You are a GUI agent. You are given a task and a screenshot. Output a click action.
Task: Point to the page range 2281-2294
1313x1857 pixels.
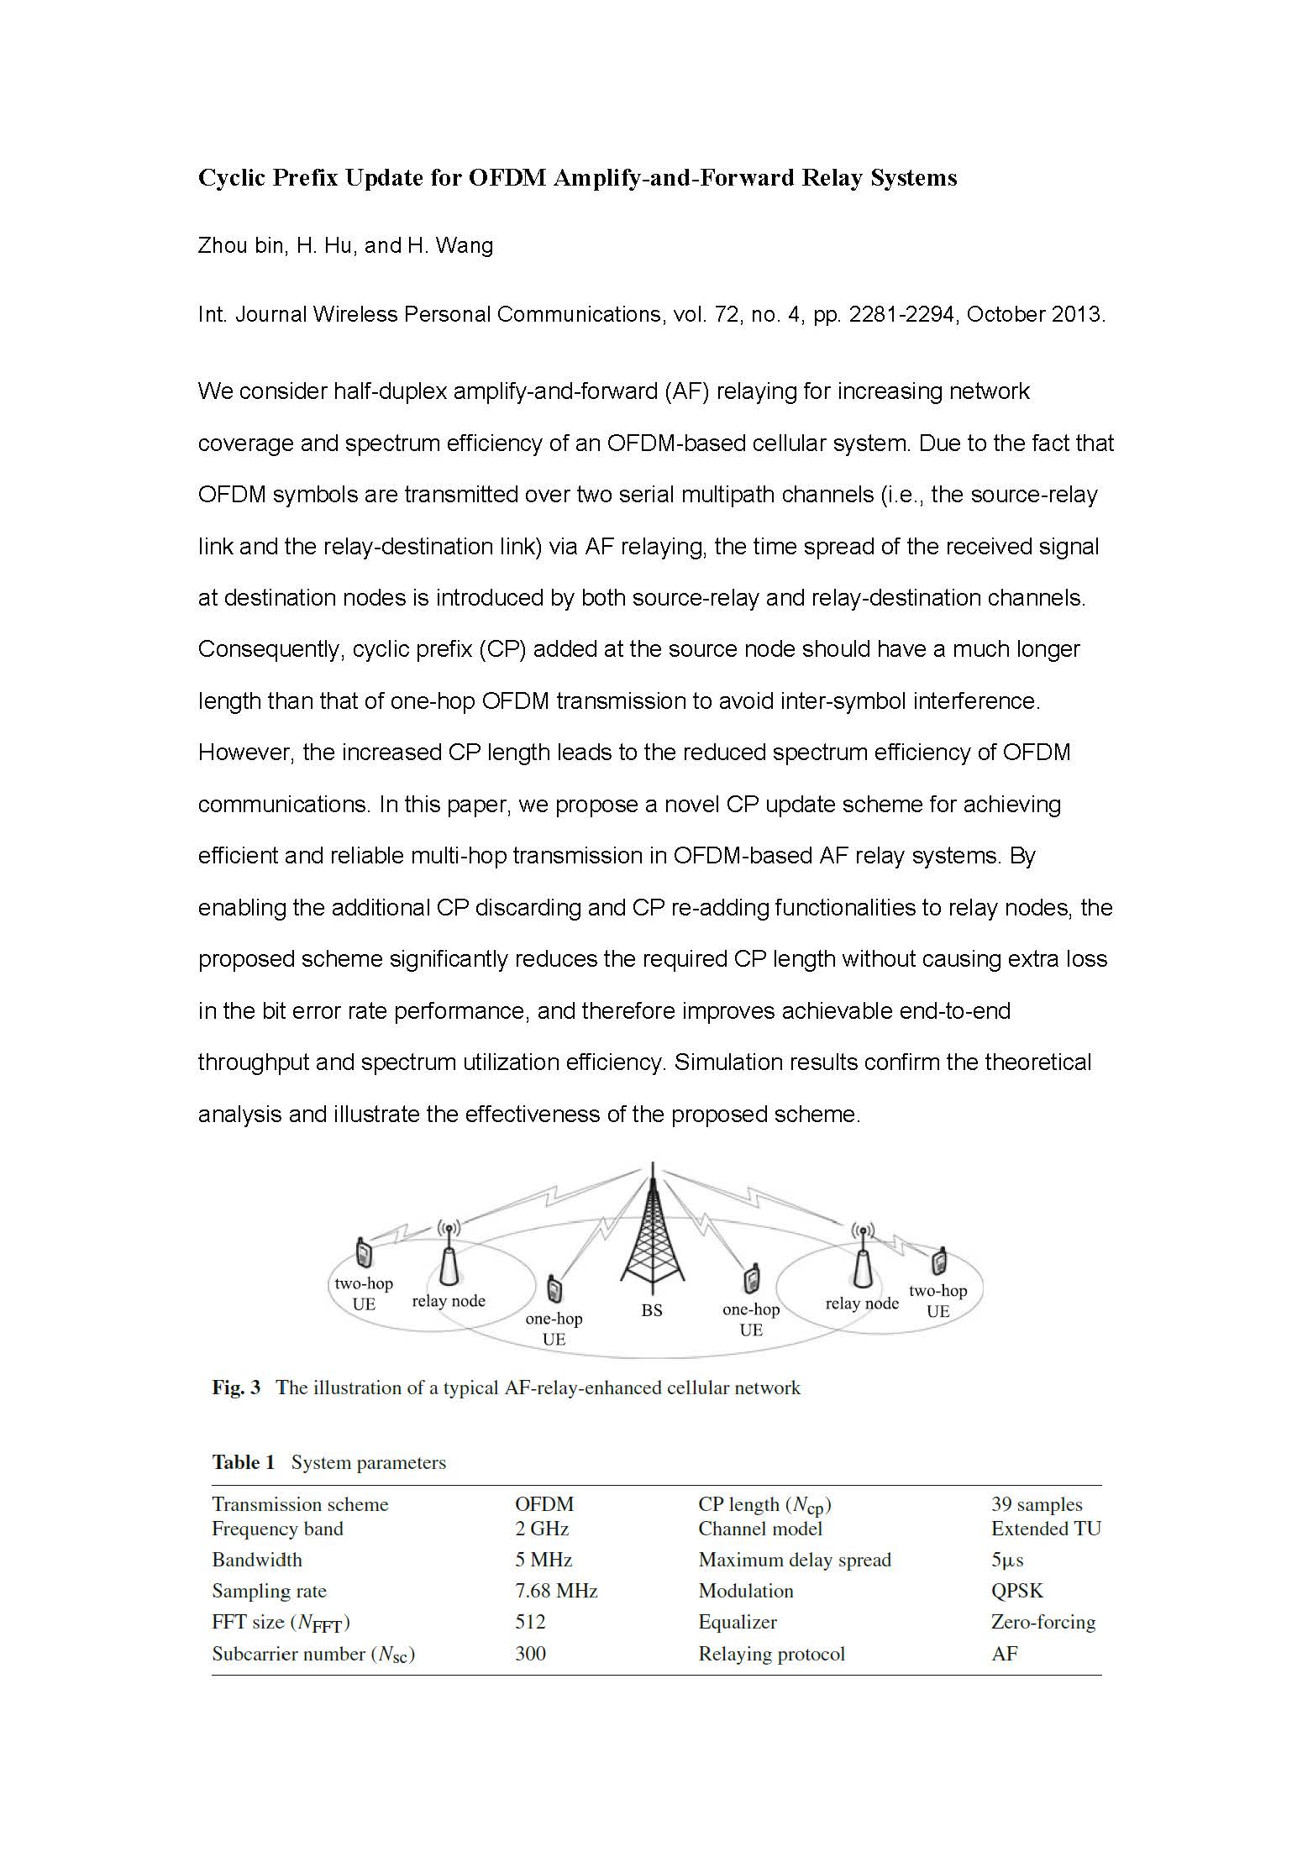[901, 315]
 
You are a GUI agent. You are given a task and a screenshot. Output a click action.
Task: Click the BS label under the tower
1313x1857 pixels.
[652, 1309]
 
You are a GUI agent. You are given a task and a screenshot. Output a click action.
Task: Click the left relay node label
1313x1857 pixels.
[449, 1301]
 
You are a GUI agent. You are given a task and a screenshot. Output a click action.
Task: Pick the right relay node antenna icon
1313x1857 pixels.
[861, 1260]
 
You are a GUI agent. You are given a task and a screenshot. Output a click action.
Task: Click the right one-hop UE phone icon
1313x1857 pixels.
[752, 1278]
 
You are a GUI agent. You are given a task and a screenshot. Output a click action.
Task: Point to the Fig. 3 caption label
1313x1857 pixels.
[236, 1388]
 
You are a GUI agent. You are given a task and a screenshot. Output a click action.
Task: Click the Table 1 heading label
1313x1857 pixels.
[243, 1462]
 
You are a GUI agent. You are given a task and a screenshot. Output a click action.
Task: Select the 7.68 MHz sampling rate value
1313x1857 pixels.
[556, 1591]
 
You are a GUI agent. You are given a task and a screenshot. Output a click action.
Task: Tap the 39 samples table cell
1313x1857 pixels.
[1037, 1504]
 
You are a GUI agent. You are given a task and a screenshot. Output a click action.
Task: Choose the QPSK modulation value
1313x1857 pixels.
[1017, 1591]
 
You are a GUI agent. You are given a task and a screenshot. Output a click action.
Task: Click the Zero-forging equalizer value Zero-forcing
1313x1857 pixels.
[1043, 1622]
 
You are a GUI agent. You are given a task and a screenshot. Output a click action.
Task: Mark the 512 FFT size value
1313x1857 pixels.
[530, 1622]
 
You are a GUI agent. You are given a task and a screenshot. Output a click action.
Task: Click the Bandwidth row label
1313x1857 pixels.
[257, 1560]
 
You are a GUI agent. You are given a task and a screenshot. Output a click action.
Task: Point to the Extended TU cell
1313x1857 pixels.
[1046, 1529]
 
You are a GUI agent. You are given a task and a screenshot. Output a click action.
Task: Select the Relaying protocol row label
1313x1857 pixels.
[771, 1654]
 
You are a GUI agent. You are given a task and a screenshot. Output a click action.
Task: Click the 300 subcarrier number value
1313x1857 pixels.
[530, 1654]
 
